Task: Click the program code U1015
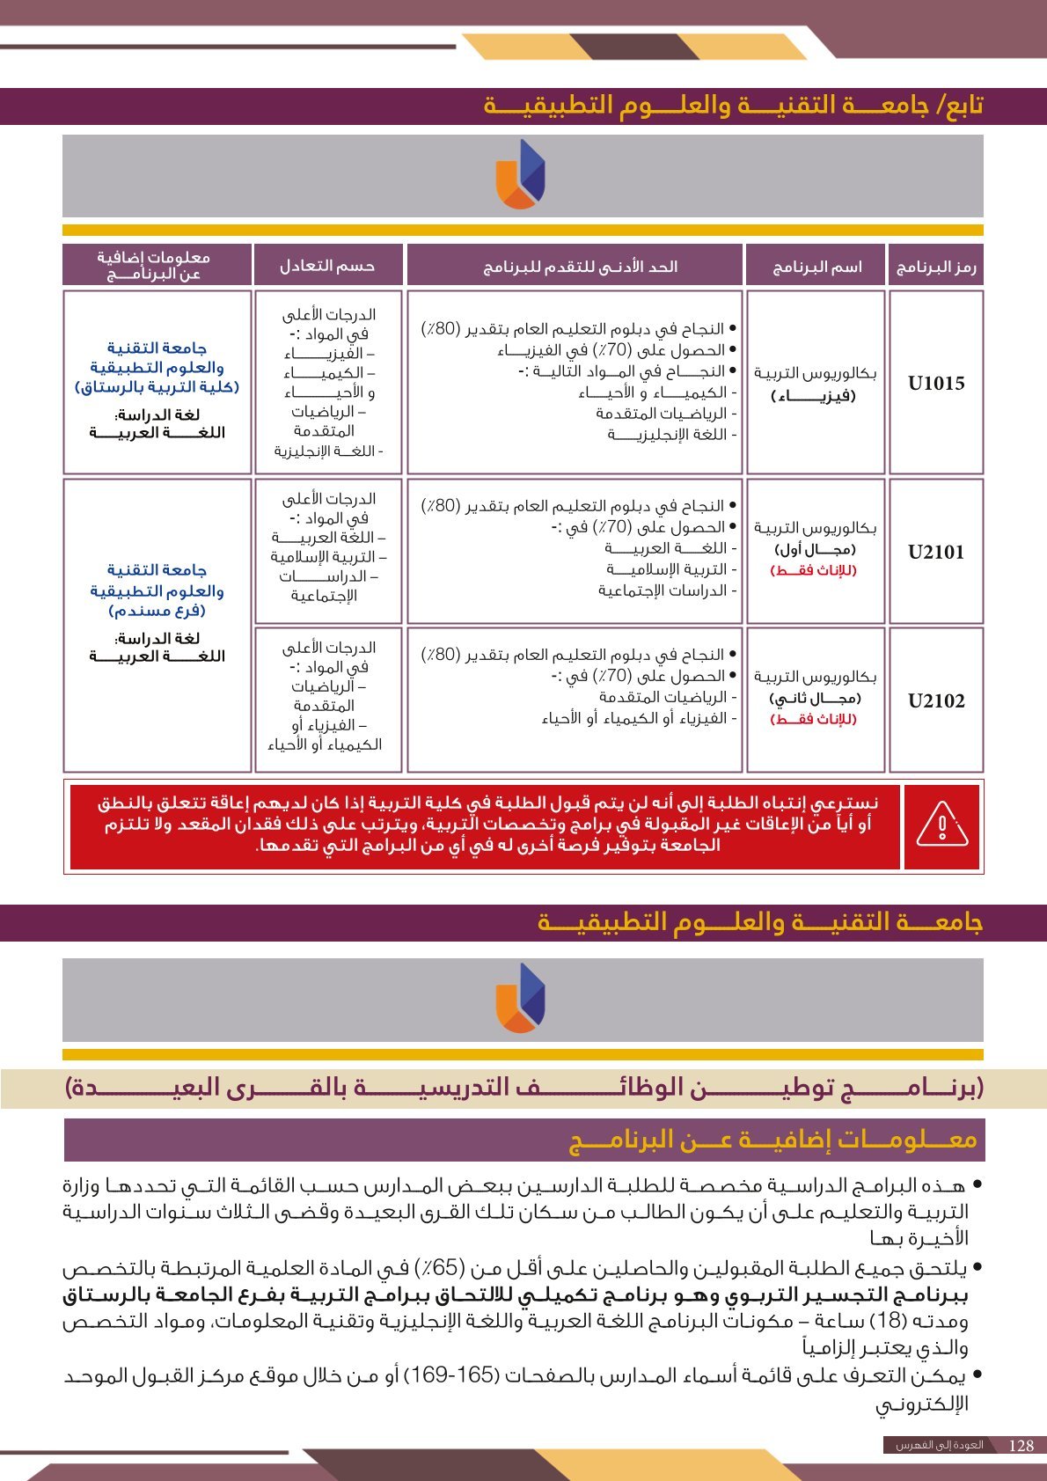tap(936, 383)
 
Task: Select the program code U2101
tap(936, 552)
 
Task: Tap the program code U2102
tap(936, 700)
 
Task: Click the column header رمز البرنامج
tap(936, 267)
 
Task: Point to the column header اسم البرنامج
tap(816, 267)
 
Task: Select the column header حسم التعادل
tap(327, 266)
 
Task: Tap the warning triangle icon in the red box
tap(941, 825)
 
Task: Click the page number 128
tap(1021, 1445)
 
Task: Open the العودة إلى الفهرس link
tap(939, 1445)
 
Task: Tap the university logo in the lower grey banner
tap(521, 998)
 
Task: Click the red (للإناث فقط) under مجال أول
tap(814, 570)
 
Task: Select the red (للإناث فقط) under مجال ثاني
tap(814, 719)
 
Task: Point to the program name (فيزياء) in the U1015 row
tap(814, 395)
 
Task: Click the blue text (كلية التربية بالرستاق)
tap(157, 387)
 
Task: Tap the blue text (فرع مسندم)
tap(157, 611)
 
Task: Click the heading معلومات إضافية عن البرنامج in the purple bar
tap(773, 1140)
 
